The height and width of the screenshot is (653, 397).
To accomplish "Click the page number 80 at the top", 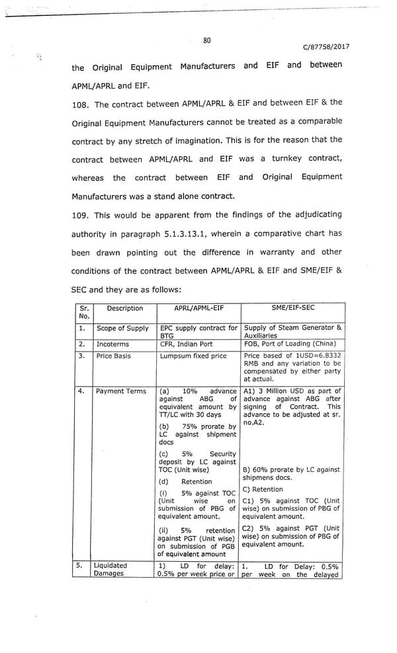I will pos(207,40).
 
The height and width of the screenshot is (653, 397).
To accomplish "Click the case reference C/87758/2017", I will pos(326,47).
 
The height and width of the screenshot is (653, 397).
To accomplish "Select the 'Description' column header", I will pos(124,308).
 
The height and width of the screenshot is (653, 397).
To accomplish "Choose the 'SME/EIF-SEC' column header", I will pos(293,308).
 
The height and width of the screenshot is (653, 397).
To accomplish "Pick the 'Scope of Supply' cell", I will pos(122,328).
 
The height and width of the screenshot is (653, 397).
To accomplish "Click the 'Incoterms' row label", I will pos(113,344).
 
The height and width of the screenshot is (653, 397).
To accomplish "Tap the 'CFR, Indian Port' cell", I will pos(187,344).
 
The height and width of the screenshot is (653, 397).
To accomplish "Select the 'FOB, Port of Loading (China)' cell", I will pos(291,344).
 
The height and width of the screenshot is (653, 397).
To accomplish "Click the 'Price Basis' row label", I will pos(114,356).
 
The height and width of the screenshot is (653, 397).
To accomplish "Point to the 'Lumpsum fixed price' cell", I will pos(193,356).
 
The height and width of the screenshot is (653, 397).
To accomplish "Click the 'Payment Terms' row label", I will pos(121,391).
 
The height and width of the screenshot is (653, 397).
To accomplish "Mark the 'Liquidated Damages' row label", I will pos(110,570).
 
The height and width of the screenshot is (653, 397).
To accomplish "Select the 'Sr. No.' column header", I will pos(83,312).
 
